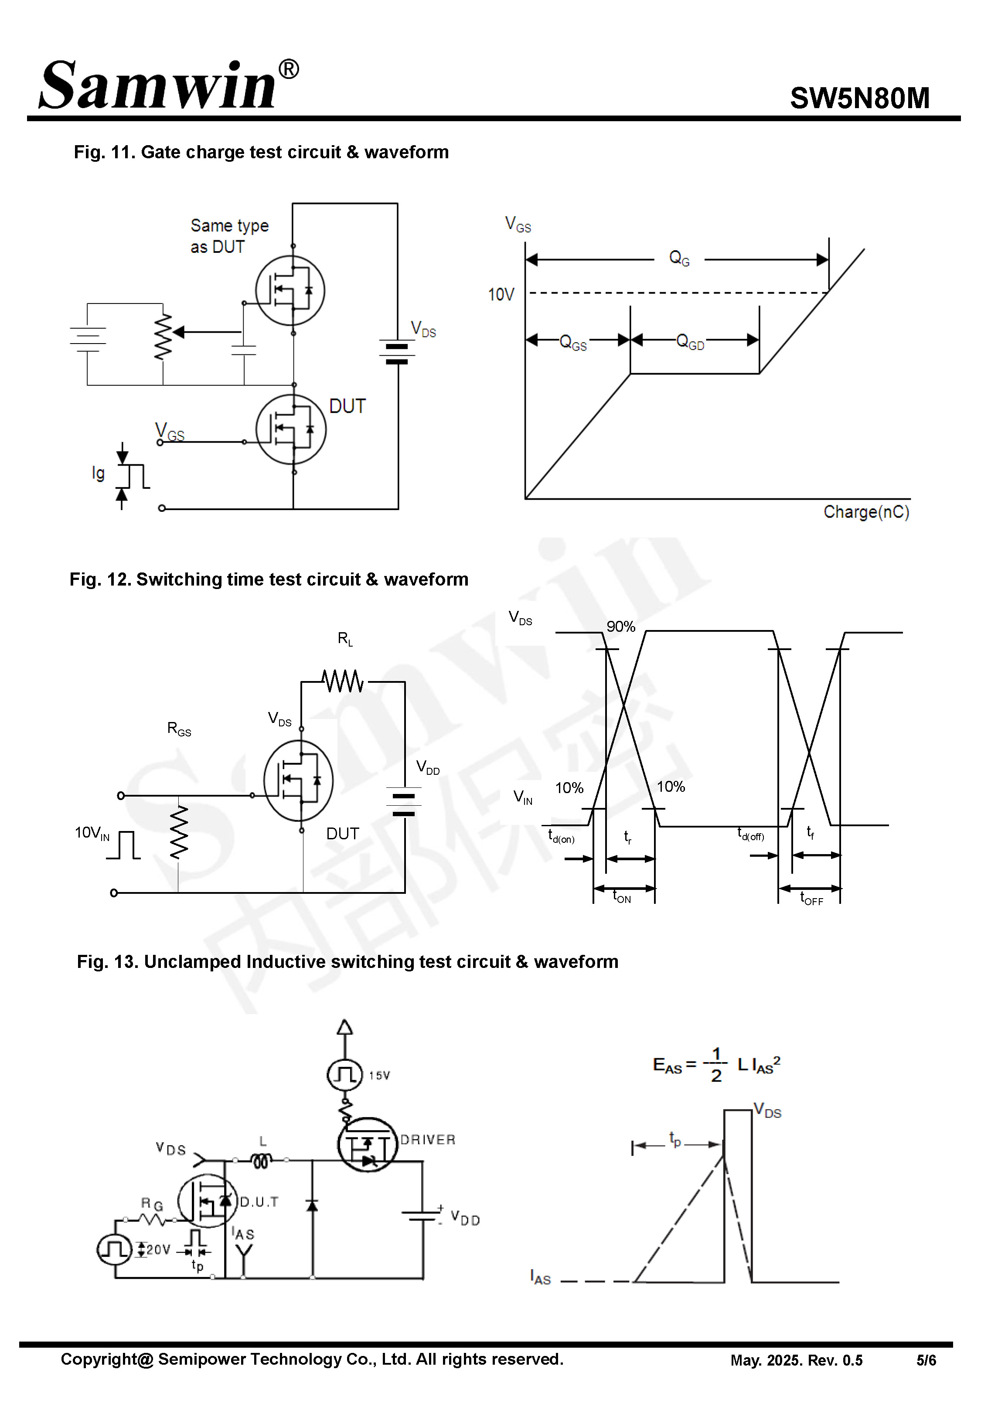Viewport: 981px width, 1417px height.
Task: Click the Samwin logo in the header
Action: point(167,86)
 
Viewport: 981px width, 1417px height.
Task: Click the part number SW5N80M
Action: point(859,98)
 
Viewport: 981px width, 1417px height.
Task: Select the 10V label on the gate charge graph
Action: point(501,295)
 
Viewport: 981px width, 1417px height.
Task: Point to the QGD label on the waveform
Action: point(690,342)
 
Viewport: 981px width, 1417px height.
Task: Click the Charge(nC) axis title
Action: point(865,512)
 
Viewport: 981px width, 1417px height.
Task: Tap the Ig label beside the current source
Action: point(99,473)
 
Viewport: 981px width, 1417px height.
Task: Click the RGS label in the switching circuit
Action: point(179,729)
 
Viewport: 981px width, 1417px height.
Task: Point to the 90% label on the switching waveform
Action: point(620,627)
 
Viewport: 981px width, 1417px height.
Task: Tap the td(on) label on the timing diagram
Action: point(561,836)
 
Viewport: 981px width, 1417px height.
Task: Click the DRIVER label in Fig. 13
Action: point(428,1140)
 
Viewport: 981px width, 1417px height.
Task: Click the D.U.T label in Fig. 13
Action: point(259,1202)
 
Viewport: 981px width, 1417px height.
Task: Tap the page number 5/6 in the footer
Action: point(926,1360)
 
